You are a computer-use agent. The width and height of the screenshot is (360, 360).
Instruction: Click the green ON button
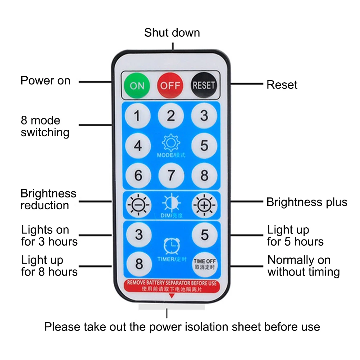coord(137,86)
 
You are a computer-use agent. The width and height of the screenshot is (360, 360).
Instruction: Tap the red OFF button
coord(170,86)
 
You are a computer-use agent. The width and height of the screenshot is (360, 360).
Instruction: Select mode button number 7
coord(171,176)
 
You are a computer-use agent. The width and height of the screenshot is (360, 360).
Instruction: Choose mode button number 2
coord(171,116)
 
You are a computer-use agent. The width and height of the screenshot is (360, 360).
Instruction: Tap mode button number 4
coord(138,146)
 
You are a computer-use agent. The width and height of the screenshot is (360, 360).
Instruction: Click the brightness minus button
coord(138,205)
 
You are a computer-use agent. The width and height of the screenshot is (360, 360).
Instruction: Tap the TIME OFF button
coord(204,264)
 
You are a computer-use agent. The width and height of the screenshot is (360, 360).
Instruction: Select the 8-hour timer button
coord(138,264)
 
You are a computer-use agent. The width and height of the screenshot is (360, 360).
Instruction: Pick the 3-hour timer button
coord(138,235)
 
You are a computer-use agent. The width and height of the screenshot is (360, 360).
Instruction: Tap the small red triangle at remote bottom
coord(172,296)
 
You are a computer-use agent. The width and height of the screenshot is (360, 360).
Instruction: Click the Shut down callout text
coord(172,33)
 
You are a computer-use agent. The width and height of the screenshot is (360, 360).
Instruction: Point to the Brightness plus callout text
coord(307,202)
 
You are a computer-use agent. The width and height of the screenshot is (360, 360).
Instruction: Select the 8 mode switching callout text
coord(45,126)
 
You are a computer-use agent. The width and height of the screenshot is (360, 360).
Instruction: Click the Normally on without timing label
coord(304,266)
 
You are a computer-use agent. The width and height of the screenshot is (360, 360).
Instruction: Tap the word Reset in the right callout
coord(282,85)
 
